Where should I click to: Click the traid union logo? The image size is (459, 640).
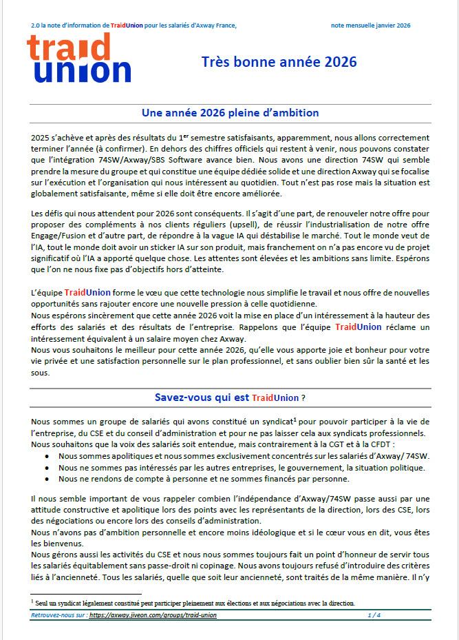pyautogui.click(x=78, y=59)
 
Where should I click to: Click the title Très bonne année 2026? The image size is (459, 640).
pyautogui.click(x=279, y=62)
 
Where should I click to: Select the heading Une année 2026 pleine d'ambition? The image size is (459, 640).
pyautogui.click(x=230, y=112)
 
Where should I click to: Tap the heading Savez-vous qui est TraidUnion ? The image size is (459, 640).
pyautogui.click(x=230, y=398)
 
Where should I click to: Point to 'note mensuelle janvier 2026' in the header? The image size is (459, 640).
pyautogui.click(x=370, y=25)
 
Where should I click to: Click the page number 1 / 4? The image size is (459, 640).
pyautogui.click(x=374, y=615)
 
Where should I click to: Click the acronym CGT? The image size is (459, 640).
pyautogui.click(x=346, y=444)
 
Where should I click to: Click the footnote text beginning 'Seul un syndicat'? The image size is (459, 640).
pyautogui.click(x=195, y=603)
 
